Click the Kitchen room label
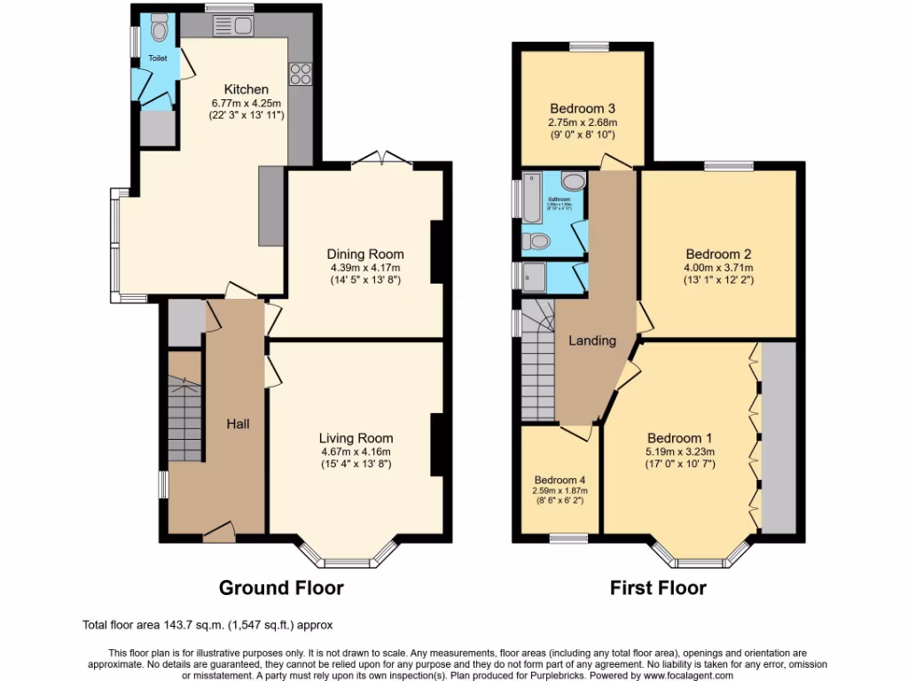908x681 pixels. [x=246, y=90]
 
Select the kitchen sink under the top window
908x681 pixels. [x=233, y=26]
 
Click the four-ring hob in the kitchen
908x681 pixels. [x=299, y=73]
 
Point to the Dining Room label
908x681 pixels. [x=365, y=254]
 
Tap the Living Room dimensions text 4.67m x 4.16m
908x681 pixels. [x=356, y=451]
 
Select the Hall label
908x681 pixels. [x=237, y=424]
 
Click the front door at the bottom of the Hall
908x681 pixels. [x=218, y=532]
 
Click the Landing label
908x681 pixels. [x=591, y=340]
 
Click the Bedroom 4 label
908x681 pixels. [x=558, y=480]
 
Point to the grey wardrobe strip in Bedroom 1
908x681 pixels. [x=779, y=438]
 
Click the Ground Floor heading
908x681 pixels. [x=281, y=587]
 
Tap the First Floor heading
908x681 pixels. [x=657, y=587]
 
